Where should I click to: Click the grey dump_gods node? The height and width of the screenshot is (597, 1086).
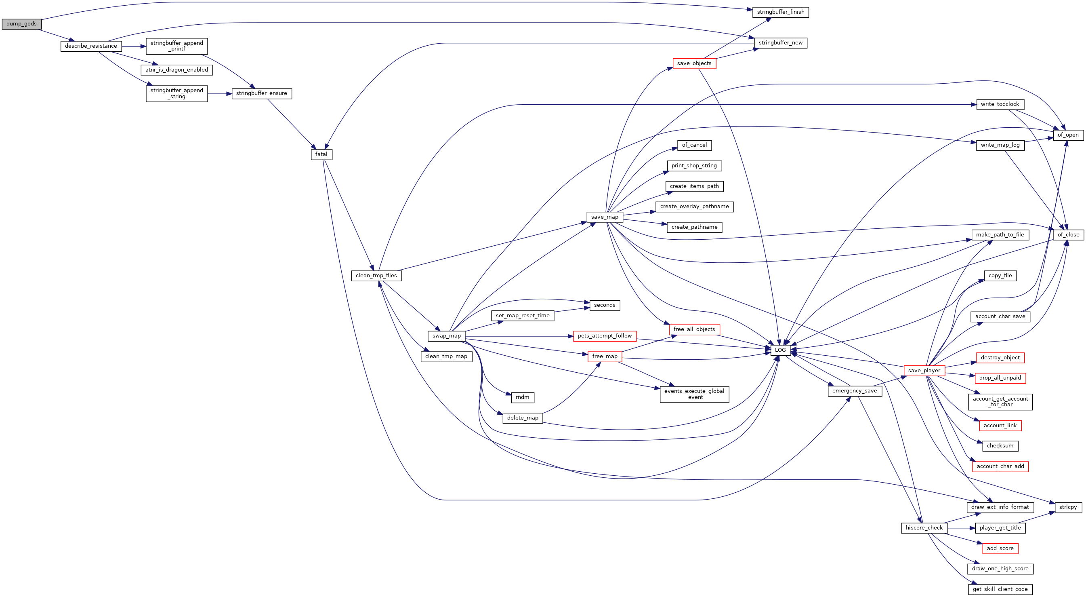pyautogui.click(x=21, y=24)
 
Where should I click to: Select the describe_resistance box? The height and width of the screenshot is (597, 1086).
pyautogui.click(x=91, y=46)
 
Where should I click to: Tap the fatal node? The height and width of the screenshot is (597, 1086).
pyautogui.click(x=321, y=154)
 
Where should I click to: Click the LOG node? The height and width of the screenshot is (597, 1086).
pyautogui.click(x=780, y=350)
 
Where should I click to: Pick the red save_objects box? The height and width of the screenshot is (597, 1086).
pyautogui.click(x=694, y=63)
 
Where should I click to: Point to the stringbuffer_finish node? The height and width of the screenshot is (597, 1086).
pyautogui.click(x=781, y=12)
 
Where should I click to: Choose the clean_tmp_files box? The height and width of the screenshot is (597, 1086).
pyautogui.click(x=376, y=276)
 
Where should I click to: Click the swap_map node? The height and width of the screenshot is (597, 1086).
pyautogui.click(x=446, y=336)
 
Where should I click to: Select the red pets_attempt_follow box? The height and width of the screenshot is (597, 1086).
pyautogui.click(x=605, y=336)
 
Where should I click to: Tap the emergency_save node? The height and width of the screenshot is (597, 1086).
pyautogui.click(x=855, y=391)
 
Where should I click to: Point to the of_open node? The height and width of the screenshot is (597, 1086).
pyautogui.click(x=1068, y=135)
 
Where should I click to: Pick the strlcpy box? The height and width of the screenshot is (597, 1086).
pyautogui.click(x=1068, y=507)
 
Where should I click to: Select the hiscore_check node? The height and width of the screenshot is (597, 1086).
pyautogui.click(x=924, y=528)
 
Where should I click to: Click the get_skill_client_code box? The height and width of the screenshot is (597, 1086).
pyautogui.click(x=1000, y=589)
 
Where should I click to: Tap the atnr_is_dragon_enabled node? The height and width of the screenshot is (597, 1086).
pyautogui.click(x=176, y=70)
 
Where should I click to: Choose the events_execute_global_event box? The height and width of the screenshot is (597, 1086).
pyautogui.click(x=694, y=394)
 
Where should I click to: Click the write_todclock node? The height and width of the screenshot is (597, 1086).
pyautogui.click(x=1000, y=104)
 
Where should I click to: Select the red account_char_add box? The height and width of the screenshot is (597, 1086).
pyautogui.click(x=1000, y=466)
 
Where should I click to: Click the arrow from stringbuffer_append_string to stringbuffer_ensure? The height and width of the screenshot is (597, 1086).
pyautogui.click(x=220, y=94)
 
